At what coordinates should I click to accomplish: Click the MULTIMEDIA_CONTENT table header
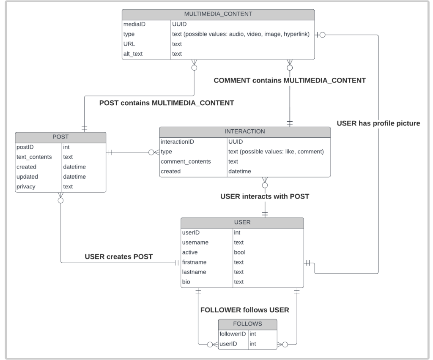[x=218, y=14]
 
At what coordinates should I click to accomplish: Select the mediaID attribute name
[x=134, y=24]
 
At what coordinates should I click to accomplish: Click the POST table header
[x=60, y=137]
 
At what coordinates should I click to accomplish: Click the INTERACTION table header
[x=245, y=131]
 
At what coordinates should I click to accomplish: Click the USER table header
[x=242, y=222]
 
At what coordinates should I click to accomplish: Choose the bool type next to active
[x=240, y=252]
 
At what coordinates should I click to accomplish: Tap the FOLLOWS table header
[x=248, y=324]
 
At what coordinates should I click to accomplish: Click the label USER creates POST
[x=118, y=256]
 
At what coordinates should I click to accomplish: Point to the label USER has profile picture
[x=378, y=124]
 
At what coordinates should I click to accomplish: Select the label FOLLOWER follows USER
[x=244, y=310]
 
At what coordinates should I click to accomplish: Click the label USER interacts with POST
[x=265, y=196]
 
